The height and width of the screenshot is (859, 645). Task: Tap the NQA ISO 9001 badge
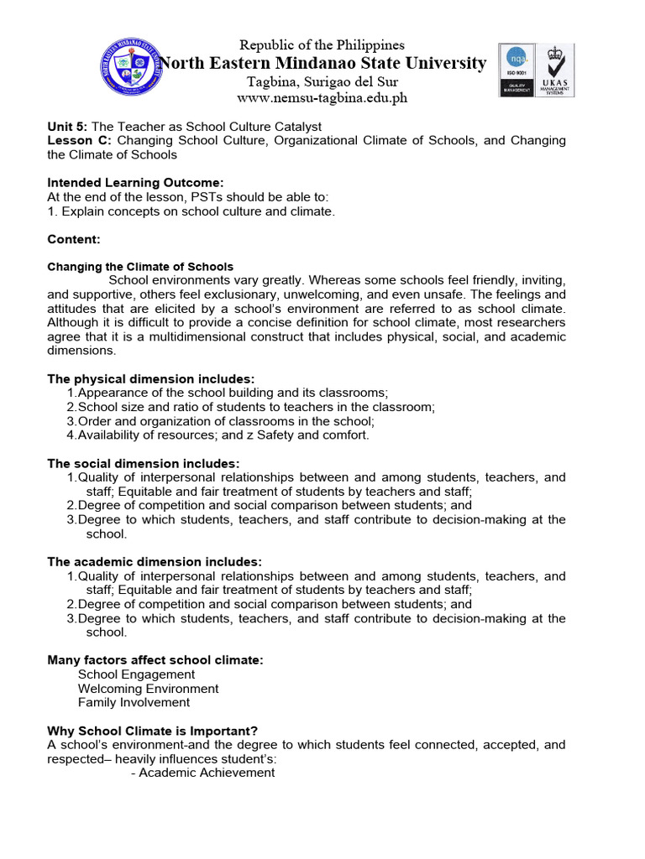(x=516, y=70)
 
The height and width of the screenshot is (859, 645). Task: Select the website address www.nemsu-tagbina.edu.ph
(x=322, y=98)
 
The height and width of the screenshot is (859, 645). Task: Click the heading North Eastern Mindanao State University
(x=322, y=64)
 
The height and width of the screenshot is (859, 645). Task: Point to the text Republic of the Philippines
(x=322, y=44)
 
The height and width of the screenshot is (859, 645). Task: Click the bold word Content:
(x=74, y=239)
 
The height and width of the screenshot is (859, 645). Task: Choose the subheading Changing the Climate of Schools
(x=140, y=267)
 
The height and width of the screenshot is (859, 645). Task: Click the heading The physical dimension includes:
(x=151, y=379)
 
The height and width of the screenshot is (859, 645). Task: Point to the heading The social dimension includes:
(x=144, y=464)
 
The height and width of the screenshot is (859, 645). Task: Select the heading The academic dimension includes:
(x=155, y=562)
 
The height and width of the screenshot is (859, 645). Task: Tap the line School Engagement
(x=136, y=674)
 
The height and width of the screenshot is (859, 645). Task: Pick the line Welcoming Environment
(x=148, y=689)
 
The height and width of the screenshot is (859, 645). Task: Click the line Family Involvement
(x=134, y=703)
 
